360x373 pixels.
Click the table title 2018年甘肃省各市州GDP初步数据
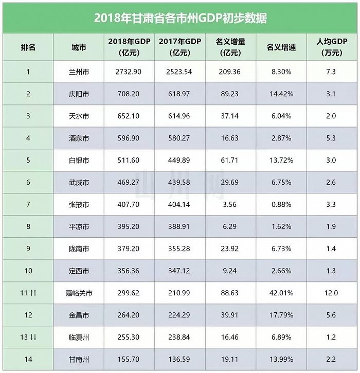[x=180, y=17]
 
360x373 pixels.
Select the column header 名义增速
[x=281, y=47]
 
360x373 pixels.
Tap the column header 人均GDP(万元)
[x=332, y=47]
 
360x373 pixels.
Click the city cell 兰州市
[x=79, y=72]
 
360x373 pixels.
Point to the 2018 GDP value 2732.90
[x=130, y=72]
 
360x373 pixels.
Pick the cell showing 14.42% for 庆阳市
[x=281, y=94]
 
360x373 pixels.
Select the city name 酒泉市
[x=79, y=138]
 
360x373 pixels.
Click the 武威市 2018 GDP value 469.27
[x=130, y=183]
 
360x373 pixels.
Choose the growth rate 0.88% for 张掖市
[x=281, y=205]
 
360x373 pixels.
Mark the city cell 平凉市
[x=79, y=227]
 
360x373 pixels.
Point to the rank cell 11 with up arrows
[x=28, y=293]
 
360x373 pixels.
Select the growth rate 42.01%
[x=281, y=293]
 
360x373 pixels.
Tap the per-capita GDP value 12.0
[x=332, y=293]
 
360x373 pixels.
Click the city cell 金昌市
[x=79, y=315]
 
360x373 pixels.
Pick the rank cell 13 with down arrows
[x=28, y=338]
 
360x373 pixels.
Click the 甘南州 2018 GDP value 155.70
[x=130, y=360]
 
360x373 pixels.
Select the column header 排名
[x=28, y=47]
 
